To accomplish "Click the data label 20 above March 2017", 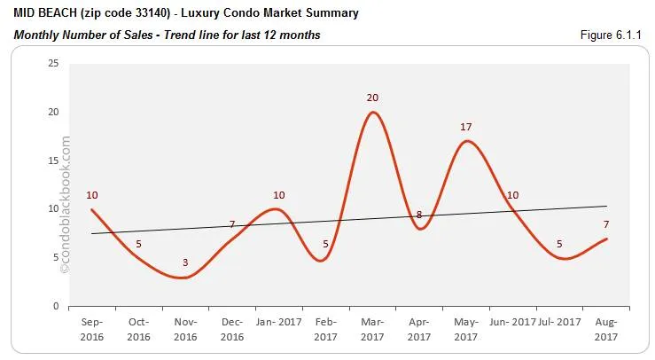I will pos(372,98).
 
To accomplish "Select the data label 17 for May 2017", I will pos(465,127).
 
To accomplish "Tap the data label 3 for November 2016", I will pos(185,263).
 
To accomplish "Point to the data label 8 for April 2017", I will pos(419,215).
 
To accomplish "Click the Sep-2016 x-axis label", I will pos(92,331).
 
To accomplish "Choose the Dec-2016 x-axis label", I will pos(232,331).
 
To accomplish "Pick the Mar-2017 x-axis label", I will pos(372,331).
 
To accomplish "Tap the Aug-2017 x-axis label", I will pos(605,331).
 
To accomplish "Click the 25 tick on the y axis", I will pos(53,64).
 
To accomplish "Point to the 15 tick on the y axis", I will pos(53,160).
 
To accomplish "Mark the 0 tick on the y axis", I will pos(56,306).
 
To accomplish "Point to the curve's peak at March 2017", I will pos(372,112).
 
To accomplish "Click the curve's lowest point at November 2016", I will pos(183,278).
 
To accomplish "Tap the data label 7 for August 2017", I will pos(605,224).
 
